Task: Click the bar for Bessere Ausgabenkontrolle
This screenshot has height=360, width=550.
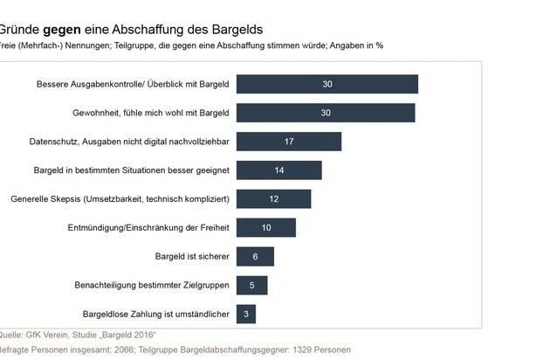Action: (x=327, y=84)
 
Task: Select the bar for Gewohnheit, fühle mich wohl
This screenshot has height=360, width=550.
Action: (x=326, y=113)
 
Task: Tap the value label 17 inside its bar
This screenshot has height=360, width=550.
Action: (x=289, y=142)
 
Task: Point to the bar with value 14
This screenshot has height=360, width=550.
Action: (x=279, y=170)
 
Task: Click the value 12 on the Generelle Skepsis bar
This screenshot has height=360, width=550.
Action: (x=274, y=199)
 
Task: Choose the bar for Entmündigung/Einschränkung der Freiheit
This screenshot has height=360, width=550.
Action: (x=266, y=228)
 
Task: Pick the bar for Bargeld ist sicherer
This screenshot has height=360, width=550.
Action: (x=256, y=257)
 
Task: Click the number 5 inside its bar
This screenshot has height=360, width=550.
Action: (x=252, y=286)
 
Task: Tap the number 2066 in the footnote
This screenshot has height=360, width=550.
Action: (x=122, y=350)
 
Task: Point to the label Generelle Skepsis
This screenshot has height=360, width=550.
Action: (x=50, y=199)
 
